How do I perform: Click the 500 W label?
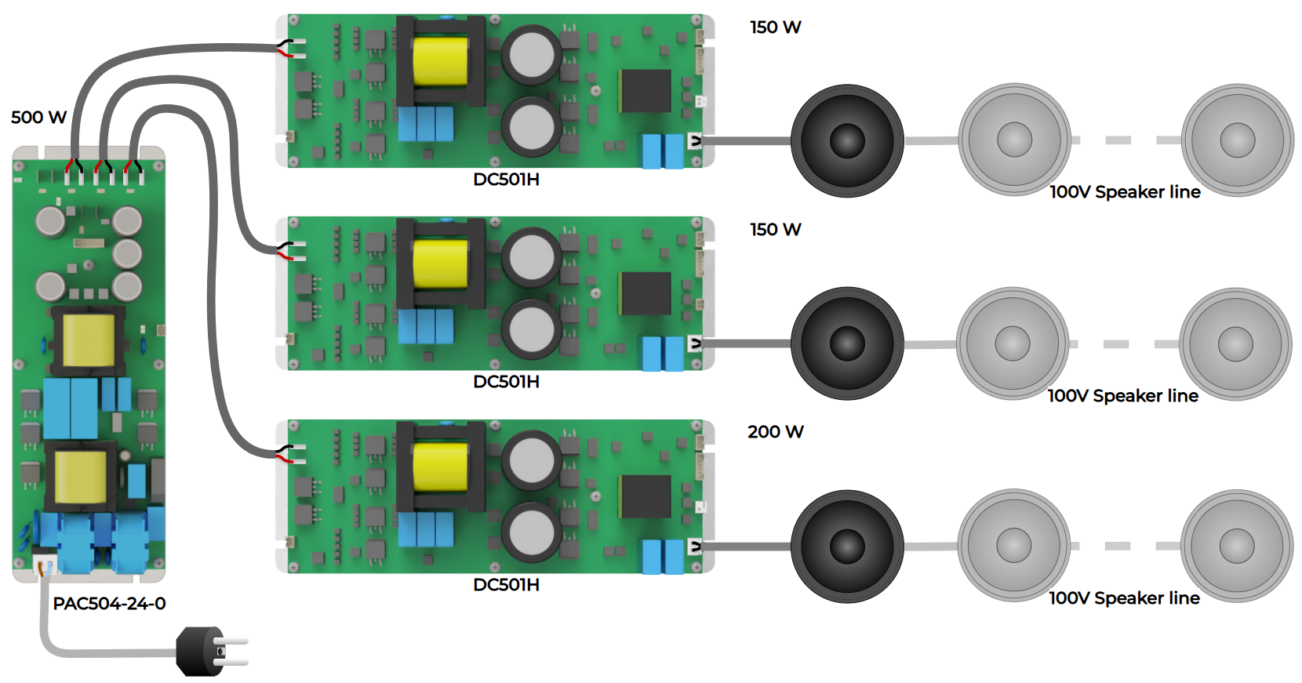(x=38, y=118)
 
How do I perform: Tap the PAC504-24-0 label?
(x=109, y=604)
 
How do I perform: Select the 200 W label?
(x=775, y=432)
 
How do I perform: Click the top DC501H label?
(x=506, y=180)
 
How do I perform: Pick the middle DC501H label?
(x=506, y=382)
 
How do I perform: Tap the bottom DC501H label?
(x=506, y=585)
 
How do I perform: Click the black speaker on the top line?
(x=847, y=141)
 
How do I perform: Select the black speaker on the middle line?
(x=847, y=343)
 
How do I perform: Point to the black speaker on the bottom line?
(x=847, y=547)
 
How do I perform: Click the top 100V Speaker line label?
(x=1125, y=192)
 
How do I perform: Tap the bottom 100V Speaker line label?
(x=1124, y=598)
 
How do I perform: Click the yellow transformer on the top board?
(x=440, y=61)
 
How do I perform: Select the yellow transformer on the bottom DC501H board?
(x=440, y=467)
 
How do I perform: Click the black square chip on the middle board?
(x=646, y=293)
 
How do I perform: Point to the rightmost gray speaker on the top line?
(x=1237, y=140)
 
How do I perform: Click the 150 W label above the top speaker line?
(x=775, y=27)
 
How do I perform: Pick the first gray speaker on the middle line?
(x=1013, y=343)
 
